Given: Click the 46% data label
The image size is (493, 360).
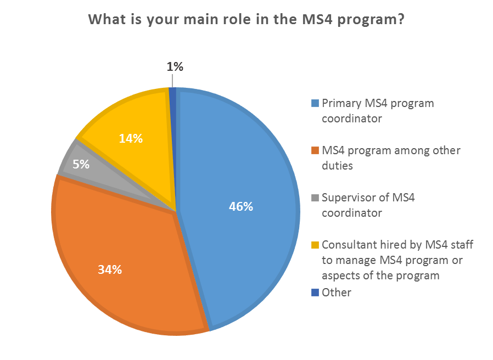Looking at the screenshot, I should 241,207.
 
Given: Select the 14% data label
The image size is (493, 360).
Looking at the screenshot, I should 131,139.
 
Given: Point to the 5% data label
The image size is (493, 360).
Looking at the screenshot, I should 81,164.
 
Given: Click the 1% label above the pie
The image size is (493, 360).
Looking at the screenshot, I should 175,67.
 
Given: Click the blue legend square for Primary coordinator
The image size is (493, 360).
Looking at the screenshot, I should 315,103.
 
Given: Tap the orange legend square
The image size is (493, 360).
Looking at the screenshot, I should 315,150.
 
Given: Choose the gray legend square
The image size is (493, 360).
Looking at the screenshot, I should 315,198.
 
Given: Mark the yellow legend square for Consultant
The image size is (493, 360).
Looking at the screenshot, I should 315,245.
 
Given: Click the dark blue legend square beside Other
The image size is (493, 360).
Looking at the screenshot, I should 315,292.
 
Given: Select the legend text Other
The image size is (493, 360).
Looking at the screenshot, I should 336,292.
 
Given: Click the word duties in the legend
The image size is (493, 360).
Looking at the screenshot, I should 337,164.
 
